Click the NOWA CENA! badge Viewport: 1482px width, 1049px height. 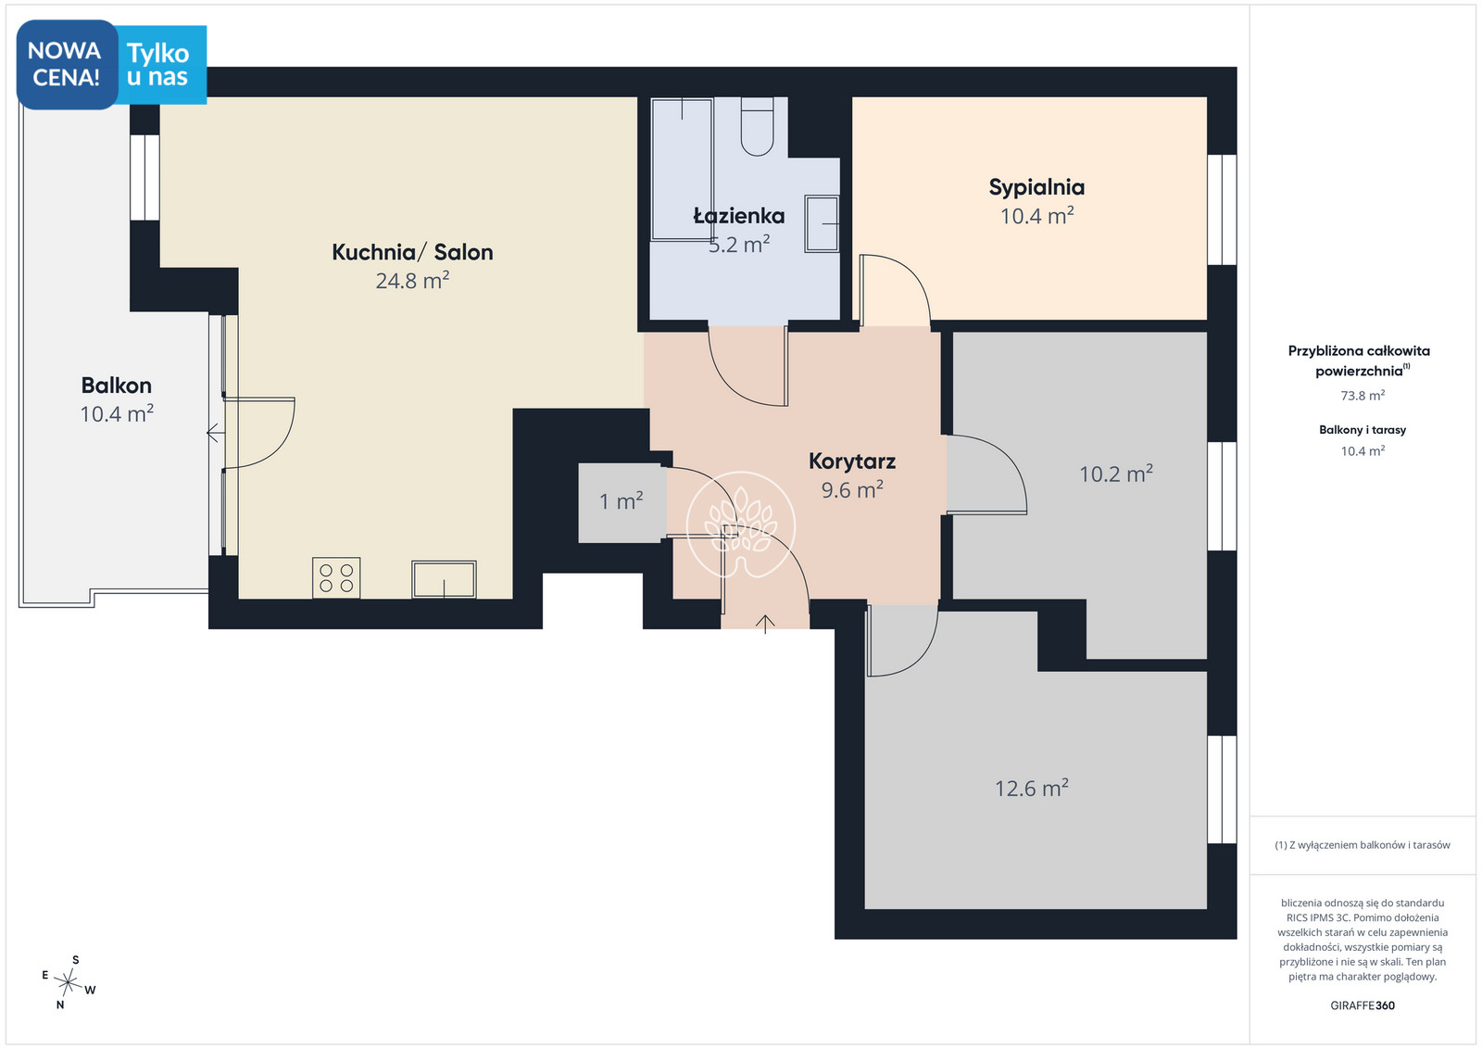67,64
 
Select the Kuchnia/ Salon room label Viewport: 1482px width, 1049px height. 412,252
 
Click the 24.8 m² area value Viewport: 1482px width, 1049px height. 412,281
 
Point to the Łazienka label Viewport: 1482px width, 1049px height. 739,215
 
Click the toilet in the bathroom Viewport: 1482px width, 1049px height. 757,126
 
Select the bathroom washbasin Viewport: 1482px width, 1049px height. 822,223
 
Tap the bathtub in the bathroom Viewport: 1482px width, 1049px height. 682,170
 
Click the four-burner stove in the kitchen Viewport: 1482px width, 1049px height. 336,577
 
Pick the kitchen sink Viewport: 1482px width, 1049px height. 444,580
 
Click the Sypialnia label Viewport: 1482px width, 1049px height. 1036,187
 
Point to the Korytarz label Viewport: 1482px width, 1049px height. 852,461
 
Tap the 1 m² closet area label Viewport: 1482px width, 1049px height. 622,501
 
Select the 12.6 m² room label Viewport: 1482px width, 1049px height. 1032,789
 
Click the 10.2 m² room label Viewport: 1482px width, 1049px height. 1116,474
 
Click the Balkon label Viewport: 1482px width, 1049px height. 117,385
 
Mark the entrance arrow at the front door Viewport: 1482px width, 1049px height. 765,624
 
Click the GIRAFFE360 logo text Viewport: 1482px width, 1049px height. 1363,1005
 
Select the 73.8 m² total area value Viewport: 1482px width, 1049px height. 1363,396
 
